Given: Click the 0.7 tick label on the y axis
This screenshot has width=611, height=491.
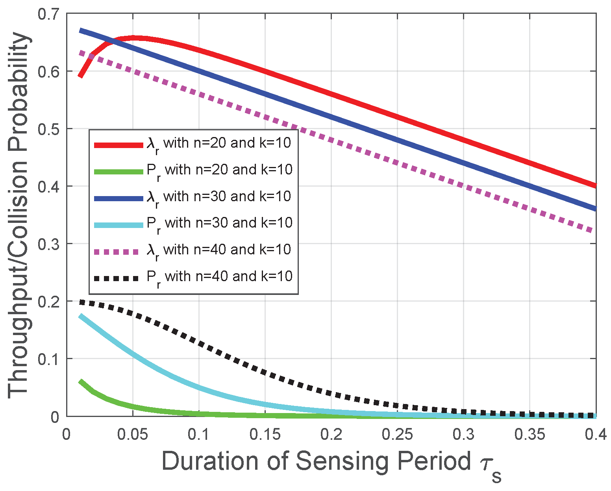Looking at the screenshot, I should coord(48,15).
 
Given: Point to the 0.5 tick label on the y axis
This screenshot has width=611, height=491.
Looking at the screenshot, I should coord(48,129).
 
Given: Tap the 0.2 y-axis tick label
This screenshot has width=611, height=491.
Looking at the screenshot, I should coord(48,301).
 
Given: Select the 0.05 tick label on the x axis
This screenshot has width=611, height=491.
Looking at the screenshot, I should coord(133,434).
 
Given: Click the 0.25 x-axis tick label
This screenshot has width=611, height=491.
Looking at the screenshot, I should coord(398,434).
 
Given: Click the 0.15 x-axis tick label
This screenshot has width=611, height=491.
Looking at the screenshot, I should coord(265,434).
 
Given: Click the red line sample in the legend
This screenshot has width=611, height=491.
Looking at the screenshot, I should coord(118,145).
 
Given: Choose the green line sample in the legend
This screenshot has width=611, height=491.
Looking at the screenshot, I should coord(118,171).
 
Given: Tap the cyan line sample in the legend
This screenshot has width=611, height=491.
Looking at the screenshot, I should coord(118,225).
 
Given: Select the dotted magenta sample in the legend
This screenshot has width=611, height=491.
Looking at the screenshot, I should coord(118,251).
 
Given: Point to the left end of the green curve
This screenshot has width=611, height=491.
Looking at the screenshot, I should coord(81,381).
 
